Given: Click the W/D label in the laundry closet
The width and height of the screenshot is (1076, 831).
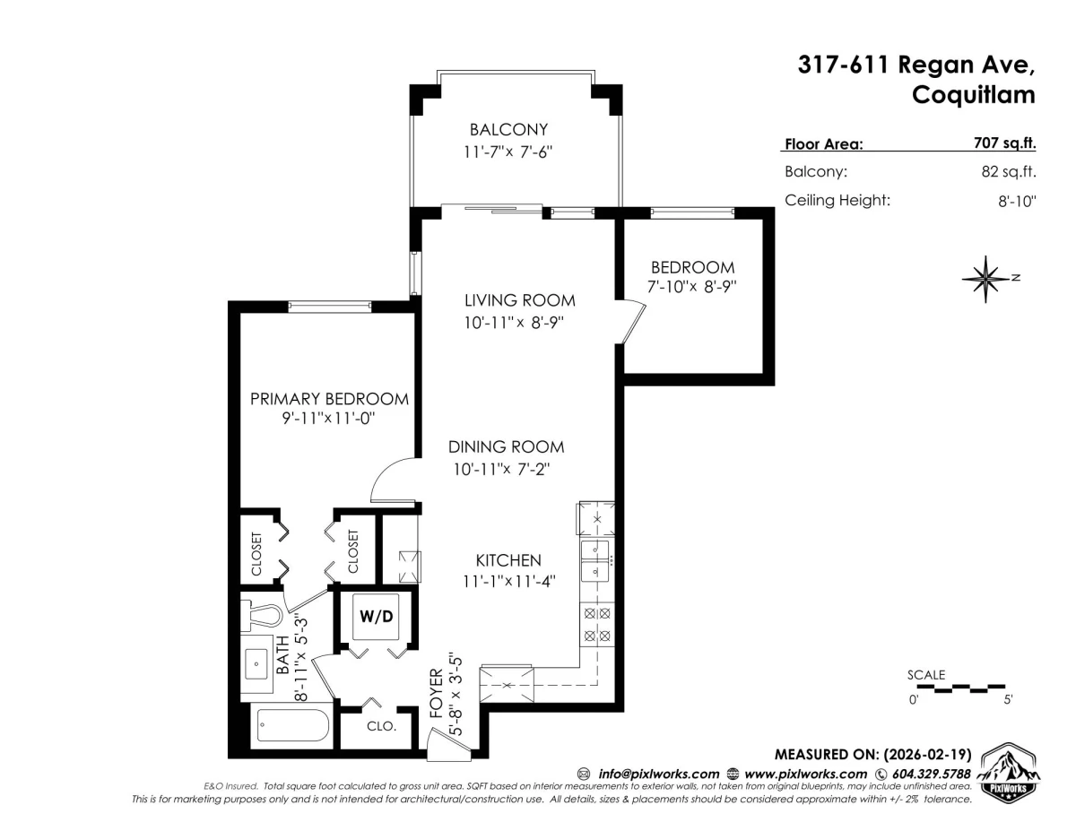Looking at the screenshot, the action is coord(377,616).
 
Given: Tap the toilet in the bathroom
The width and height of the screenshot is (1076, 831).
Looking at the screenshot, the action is coord(261,616).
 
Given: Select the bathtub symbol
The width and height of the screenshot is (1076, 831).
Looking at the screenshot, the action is coord(293,726).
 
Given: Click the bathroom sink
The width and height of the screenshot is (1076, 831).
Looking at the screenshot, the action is coord(257,663).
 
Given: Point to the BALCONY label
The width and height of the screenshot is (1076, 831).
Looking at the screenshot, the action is coord(508,130).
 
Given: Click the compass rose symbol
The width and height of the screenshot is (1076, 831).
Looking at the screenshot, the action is coord(985,279).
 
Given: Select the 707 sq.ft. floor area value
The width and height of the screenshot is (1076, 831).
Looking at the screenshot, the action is coord(1004,143).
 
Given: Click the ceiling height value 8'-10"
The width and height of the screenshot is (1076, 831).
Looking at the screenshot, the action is coord(1017,201).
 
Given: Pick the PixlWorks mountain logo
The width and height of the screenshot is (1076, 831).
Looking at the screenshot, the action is coord(1010,773).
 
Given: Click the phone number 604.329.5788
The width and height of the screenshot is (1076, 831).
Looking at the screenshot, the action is coord(931,775).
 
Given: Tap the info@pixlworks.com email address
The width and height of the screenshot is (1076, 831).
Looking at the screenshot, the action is coord(658,775).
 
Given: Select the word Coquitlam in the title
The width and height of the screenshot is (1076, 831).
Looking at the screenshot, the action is coord(974,94).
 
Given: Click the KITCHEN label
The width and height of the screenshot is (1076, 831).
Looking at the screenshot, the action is coord(508,560).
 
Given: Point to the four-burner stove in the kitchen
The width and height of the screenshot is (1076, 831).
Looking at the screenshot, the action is coord(597,625).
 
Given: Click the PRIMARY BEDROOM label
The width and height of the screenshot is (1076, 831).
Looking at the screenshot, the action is coord(329,399).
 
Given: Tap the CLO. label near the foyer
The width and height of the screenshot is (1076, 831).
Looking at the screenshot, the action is coord(381,727).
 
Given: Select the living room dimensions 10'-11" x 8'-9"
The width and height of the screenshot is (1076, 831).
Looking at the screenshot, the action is coord(514,323).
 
